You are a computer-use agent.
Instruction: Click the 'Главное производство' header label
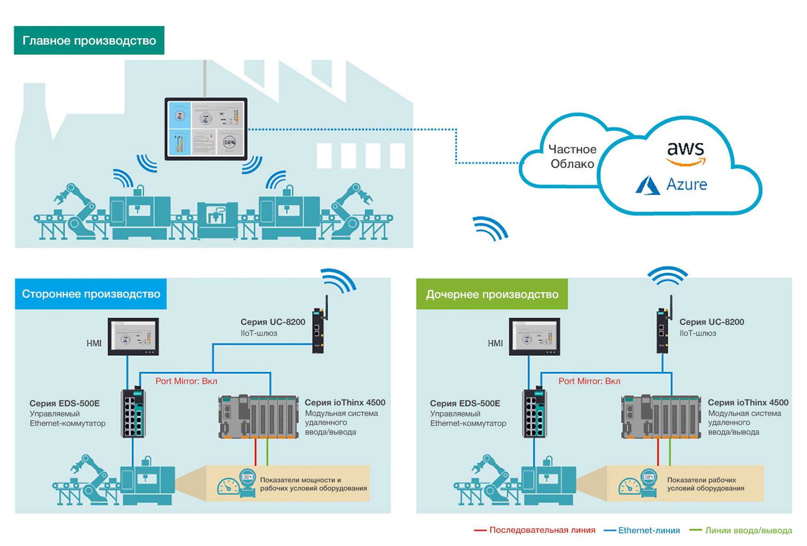tap(89, 40)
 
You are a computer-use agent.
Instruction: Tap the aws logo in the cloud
tap(686, 152)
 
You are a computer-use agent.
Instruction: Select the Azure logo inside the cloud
tap(672, 185)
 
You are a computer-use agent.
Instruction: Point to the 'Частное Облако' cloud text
tap(572, 157)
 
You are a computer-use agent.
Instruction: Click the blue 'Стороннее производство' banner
tap(91, 294)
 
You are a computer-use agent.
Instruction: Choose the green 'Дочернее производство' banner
tap(492, 294)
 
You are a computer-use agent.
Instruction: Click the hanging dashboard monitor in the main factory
tap(206, 129)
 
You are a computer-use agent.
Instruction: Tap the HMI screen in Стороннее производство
tap(133, 337)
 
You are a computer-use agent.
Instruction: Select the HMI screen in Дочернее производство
tap(534, 337)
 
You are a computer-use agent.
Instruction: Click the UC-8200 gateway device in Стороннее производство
tap(318, 329)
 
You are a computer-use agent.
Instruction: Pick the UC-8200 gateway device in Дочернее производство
tap(663, 329)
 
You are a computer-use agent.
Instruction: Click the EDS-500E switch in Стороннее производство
tap(133, 413)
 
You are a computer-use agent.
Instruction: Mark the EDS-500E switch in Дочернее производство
tap(534, 413)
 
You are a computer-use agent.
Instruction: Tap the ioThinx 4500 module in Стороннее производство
tap(259, 417)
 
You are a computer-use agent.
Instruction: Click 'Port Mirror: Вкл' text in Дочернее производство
tap(589, 381)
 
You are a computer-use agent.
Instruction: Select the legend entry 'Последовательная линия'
tap(542, 530)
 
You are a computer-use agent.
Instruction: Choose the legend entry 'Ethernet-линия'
tap(648, 531)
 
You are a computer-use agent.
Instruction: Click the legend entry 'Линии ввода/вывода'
tap(748, 531)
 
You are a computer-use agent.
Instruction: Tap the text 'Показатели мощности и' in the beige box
tap(300, 480)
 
